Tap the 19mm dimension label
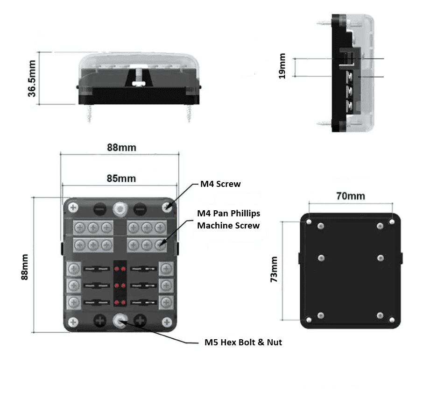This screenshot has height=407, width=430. pos(282,66)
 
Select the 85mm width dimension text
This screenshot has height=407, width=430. pos(121,179)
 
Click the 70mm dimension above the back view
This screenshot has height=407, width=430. pos(351,196)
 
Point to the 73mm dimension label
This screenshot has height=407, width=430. pos(274,269)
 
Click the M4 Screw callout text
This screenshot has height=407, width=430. pos(220,184)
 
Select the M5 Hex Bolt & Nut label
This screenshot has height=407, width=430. pos(243,343)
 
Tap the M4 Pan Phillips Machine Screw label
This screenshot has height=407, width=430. pos(228,219)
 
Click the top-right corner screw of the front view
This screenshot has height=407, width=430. pos(168,207)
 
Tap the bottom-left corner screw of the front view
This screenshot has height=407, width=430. pos(73,321)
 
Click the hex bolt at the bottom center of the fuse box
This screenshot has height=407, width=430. pos(120,320)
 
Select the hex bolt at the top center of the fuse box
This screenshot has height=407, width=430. pos(120,208)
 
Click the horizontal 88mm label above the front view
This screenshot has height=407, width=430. pos(121,148)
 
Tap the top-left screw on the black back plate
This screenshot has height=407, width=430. pos(309,221)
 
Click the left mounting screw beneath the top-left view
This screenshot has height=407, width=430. pos(90,113)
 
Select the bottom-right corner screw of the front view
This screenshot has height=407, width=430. pos(167,321)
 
